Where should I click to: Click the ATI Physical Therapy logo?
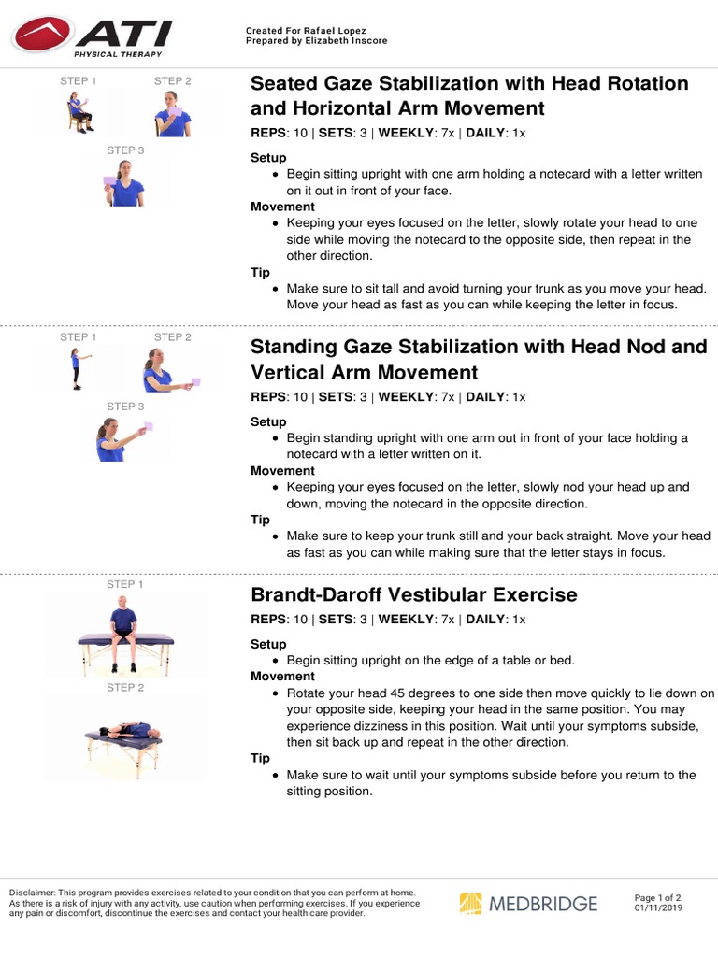pyautogui.click(x=92, y=37)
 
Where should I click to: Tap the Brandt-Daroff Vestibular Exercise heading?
pyautogui.click(x=414, y=595)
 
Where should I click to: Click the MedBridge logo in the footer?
pyautogui.click(x=528, y=904)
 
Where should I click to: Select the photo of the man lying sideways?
pyautogui.click(x=125, y=736)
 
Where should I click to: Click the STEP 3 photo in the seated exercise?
pyautogui.click(x=125, y=183)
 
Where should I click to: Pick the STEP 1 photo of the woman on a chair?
pyautogui.click(x=79, y=111)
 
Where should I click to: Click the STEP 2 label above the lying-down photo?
pyautogui.click(x=125, y=688)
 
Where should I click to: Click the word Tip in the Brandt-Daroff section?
pyautogui.click(x=260, y=759)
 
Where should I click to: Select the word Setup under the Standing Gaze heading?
pyautogui.click(x=268, y=421)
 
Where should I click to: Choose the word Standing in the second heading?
pyautogui.click(x=295, y=347)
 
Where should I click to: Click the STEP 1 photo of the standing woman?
pyautogui.click(x=78, y=368)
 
